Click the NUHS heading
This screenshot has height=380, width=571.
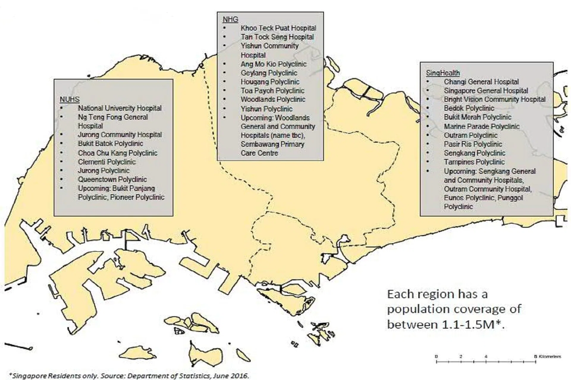pyautogui.click(x=70, y=99)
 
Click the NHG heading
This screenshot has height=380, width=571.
pyautogui.click(x=230, y=20)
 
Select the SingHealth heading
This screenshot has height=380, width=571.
pyautogui.click(x=443, y=73)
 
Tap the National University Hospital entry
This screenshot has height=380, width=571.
pyautogui.click(x=120, y=108)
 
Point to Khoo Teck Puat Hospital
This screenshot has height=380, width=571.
pyautogui.click(x=278, y=28)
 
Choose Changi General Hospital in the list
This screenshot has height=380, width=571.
pyautogui.click(x=481, y=82)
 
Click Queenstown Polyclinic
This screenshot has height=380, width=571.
pyautogui.click(x=112, y=180)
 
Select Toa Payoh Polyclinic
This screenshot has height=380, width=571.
pyautogui.click(x=272, y=91)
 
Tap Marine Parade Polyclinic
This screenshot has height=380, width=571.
pyautogui.click(x=481, y=126)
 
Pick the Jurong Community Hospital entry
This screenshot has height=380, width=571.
pyautogui.click(x=120, y=135)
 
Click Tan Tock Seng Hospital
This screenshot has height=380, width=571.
pyautogui.click(x=277, y=37)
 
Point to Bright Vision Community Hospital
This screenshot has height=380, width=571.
pyautogui.click(x=494, y=99)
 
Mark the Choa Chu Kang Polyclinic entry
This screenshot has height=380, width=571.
pyautogui.click(x=117, y=153)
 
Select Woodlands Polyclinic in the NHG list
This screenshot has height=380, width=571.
pyautogui.click(x=273, y=99)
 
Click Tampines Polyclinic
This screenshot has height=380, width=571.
pyautogui.click(x=474, y=162)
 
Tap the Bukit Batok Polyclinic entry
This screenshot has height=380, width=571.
pyautogui.click(x=110, y=144)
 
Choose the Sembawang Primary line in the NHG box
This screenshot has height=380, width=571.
pyautogui.click(x=272, y=144)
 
